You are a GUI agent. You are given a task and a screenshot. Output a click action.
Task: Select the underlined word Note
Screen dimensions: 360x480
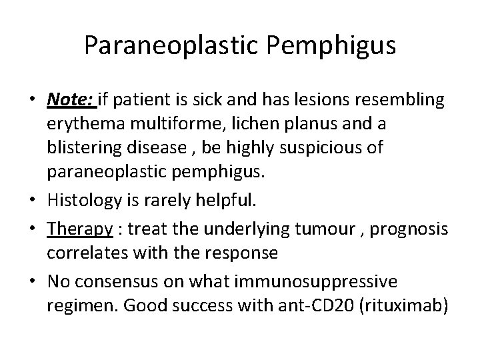pyautogui.click(x=70, y=100)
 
